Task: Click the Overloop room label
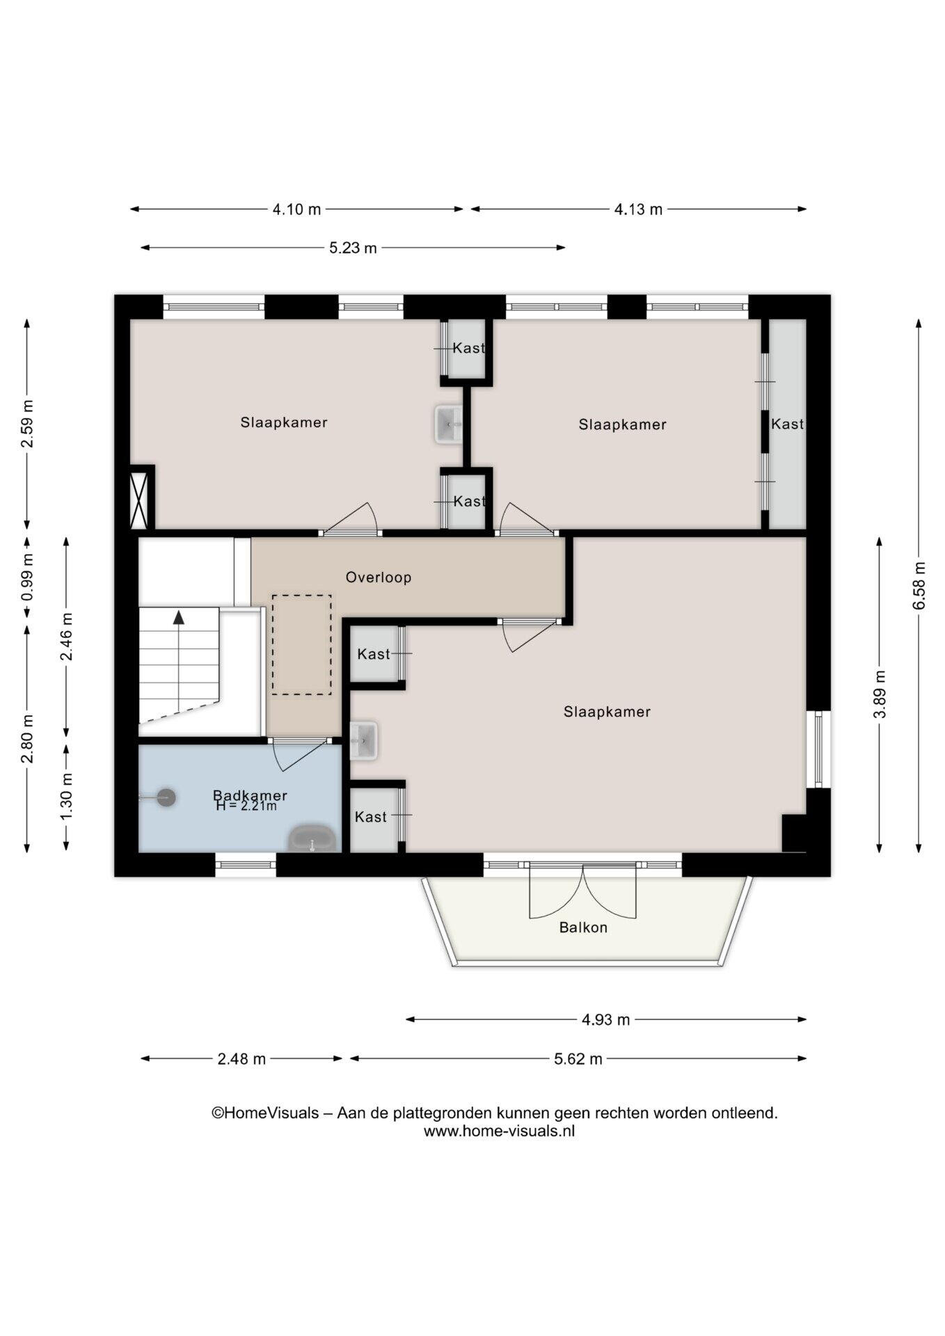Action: [x=379, y=577]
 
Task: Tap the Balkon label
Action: [x=583, y=928]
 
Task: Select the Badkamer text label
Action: [x=250, y=795]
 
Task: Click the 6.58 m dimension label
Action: [x=919, y=585]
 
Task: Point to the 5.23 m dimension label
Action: [x=353, y=248]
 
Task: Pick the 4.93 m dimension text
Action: [x=605, y=1019]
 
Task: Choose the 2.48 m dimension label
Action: [x=241, y=1059]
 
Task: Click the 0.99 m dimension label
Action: [x=27, y=577]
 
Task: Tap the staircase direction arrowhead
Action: [x=180, y=617]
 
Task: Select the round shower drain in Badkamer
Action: [x=166, y=797]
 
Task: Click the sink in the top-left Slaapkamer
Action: [x=449, y=424]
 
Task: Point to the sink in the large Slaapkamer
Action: [x=363, y=740]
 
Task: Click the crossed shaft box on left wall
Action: [x=139, y=500]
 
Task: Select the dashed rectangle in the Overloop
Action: [x=301, y=644]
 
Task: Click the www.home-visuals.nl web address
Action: [x=499, y=1131]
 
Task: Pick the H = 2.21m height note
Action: [x=246, y=806]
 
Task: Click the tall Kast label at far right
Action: [x=787, y=424]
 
